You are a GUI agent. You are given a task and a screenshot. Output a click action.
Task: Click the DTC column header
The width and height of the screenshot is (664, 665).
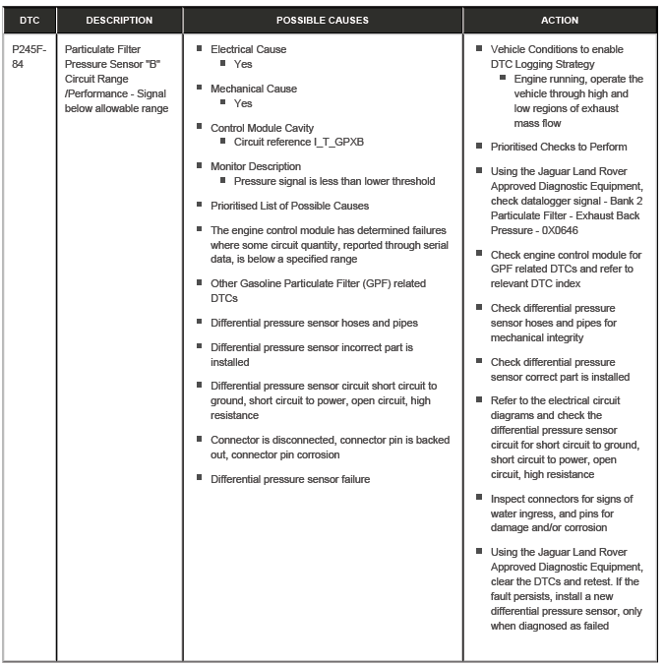[30, 20]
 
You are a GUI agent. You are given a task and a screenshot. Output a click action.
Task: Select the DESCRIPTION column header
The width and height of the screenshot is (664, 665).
[119, 20]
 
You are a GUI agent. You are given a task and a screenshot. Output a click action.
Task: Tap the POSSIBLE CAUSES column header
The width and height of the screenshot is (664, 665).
[323, 20]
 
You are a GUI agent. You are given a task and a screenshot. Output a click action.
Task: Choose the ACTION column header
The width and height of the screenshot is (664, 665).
[560, 20]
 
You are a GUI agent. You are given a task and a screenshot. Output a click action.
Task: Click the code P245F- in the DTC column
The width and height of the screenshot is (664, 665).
[29, 48]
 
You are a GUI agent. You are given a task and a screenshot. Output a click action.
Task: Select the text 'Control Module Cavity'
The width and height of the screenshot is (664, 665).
[262, 128]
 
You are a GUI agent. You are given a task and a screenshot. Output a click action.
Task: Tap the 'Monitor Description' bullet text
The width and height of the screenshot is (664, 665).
[256, 166]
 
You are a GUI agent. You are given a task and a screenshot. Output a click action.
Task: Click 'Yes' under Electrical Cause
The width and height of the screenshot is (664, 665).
[243, 64]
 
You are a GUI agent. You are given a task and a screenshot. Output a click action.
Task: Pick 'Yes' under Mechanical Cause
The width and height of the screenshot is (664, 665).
[243, 103]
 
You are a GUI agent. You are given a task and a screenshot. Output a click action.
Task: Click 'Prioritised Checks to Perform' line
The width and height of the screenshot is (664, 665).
[559, 147]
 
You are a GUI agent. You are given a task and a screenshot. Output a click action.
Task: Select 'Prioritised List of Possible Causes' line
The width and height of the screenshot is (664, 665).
[289, 206]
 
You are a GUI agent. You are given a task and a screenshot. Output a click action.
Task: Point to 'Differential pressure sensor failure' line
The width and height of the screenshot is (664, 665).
[290, 479]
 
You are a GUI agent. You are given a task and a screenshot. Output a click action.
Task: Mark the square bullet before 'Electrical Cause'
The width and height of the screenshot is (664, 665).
[200, 48]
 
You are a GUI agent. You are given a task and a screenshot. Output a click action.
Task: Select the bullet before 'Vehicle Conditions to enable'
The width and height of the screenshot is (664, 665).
[480, 48]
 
